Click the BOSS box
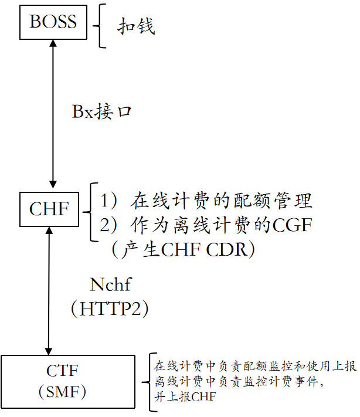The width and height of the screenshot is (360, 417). pos(53,22)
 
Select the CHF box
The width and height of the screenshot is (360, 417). pos(49,209)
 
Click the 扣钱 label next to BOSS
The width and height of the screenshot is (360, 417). pos(137,26)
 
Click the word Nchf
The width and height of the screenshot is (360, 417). pos(110,285)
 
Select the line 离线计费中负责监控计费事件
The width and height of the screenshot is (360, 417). pos(238,381)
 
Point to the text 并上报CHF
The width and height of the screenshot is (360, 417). pos(185,397)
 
